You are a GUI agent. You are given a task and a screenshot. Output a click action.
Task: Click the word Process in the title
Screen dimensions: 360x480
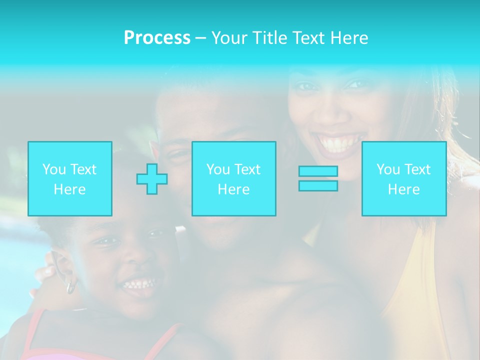157,38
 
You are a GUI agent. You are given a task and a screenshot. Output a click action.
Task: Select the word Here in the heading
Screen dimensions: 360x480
347,38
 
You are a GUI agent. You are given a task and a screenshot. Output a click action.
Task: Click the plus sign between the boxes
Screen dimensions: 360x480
152,178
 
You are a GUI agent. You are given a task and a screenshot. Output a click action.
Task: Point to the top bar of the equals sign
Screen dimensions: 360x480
318,171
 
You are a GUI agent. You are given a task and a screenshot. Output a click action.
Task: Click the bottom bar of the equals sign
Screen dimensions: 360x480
318,186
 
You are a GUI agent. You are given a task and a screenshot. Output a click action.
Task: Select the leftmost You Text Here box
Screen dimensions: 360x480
70,178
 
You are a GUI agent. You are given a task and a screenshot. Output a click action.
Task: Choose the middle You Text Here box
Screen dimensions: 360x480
233,178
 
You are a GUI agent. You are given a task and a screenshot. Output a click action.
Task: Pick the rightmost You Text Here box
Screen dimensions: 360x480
404,178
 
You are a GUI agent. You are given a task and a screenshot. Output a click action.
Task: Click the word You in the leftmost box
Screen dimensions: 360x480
54,169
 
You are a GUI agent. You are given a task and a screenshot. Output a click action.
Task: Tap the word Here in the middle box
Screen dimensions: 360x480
233,189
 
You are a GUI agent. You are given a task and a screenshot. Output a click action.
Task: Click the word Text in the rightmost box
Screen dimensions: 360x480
418,169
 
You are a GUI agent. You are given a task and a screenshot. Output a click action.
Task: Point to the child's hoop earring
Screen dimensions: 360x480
71,287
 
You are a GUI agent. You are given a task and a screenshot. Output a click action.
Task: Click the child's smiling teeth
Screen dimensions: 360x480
138,285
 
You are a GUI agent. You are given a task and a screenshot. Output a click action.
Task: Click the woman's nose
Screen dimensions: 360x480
330,112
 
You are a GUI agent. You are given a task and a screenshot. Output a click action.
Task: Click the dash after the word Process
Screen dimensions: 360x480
201,38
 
